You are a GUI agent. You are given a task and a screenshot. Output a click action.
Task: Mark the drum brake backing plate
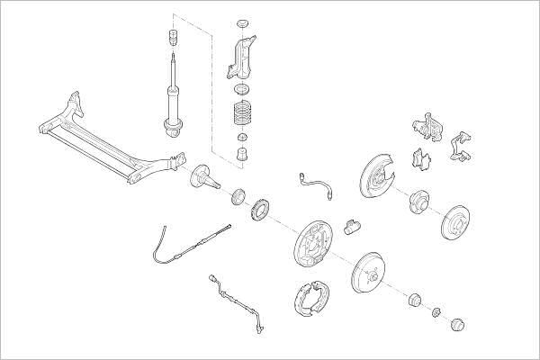coord(311,243)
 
